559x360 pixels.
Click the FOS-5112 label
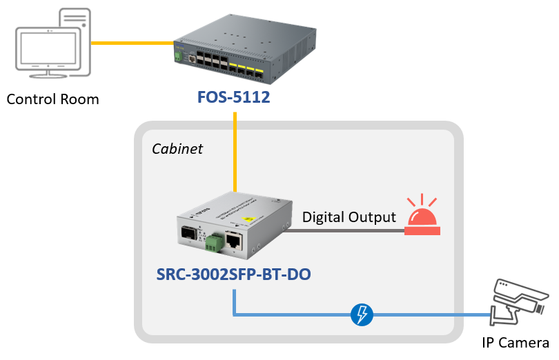(233, 97)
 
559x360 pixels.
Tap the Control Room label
(52, 99)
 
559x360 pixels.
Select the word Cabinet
(177, 149)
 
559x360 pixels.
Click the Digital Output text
(349, 217)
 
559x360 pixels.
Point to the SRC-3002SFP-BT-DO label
(233, 274)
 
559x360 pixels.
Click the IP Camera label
(515, 343)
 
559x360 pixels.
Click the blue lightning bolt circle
(362, 314)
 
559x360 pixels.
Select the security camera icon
(519, 302)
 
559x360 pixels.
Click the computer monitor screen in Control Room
(48, 48)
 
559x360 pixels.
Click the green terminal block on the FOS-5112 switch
(178, 57)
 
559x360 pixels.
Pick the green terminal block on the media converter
(214, 243)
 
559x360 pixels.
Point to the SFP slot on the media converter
(188, 232)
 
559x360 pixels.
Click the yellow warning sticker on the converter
(247, 219)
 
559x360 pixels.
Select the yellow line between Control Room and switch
(133, 43)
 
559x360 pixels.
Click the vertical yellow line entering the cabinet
(235, 152)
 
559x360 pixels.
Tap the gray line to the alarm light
(344, 230)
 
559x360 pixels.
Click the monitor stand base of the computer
(48, 75)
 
